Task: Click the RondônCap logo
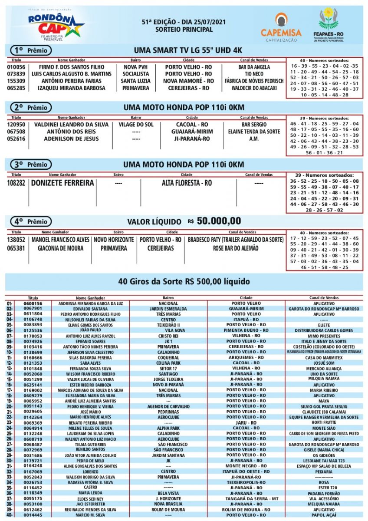coord(55,24)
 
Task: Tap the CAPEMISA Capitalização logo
coord(281,27)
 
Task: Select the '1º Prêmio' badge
coord(30,50)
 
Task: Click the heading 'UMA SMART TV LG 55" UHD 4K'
coord(188,50)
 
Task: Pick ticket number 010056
coord(16,67)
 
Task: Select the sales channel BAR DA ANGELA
coord(254,67)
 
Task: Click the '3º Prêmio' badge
coord(30,165)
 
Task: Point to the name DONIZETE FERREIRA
coord(62,183)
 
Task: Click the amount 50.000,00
coord(219,221)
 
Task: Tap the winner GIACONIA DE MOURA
coord(60,248)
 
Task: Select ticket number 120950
coord(16,125)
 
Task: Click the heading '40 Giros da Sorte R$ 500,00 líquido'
coord(184,282)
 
